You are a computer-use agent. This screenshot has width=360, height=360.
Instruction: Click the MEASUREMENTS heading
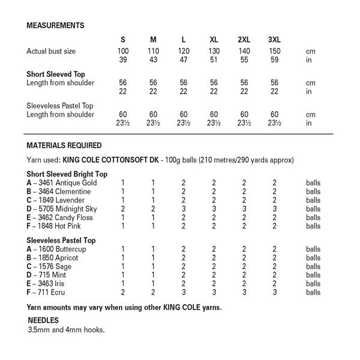(55, 25)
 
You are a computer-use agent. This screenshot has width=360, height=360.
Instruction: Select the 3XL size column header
(274, 40)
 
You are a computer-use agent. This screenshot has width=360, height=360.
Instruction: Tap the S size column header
(123, 40)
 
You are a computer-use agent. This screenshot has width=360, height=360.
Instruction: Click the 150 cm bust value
(274, 52)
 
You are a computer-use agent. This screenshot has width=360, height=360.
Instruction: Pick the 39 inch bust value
(123, 61)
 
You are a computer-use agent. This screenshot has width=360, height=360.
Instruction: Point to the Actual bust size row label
(51, 52)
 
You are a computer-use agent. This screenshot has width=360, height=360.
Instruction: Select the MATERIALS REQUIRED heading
(64, 145)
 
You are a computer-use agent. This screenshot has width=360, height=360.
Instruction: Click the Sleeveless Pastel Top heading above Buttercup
(61, 240)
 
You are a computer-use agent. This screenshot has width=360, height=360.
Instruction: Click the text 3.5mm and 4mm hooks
(66, 330)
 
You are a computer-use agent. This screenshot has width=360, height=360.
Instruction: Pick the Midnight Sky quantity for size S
(123, 209)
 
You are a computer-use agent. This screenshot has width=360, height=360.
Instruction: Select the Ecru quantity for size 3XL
(274, 293)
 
